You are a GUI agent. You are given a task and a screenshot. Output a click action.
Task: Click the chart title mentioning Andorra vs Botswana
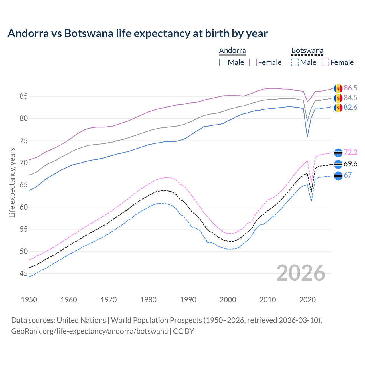[x=137, y=33]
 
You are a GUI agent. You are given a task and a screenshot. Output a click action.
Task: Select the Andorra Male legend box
[x=223, y=62]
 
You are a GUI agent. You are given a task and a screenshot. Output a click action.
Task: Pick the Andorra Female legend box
[x=253, y=62]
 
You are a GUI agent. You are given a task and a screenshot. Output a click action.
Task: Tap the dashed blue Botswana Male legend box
[x=295, y=62]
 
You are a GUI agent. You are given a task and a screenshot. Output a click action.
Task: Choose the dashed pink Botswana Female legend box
[x=325, y=62]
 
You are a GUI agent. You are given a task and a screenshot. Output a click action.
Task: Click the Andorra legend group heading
[x=232, y=51]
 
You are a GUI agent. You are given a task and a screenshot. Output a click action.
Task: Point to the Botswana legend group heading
[x=307, y=51]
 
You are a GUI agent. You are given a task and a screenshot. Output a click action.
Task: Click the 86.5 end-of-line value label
[x=350, y=88]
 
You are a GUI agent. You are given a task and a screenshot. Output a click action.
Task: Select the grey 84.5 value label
[x=350, y=98]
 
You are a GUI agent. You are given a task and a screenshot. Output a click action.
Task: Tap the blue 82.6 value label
[x=350, y=108]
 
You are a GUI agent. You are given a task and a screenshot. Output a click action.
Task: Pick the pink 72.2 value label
[x=350, y=153]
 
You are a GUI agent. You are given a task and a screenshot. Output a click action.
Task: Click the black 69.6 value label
[x=350, y=164]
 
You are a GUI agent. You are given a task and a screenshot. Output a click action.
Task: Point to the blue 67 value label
[x=348, y=175]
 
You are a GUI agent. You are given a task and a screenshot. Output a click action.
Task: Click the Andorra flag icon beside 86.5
[x=338, y=88]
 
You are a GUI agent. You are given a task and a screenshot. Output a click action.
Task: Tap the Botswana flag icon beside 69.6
[x=338, y=164]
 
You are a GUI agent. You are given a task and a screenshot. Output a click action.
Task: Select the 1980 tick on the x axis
[x=148, y=300]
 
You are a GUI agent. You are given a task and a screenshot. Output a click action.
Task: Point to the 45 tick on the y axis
[x=23, y=274]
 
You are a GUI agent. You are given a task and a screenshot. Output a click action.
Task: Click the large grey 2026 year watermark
[x=301, y=273]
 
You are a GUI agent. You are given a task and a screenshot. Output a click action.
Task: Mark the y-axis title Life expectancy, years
[x=12, y=182]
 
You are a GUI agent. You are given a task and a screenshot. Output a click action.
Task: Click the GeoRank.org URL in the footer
[x=89, y=331]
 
